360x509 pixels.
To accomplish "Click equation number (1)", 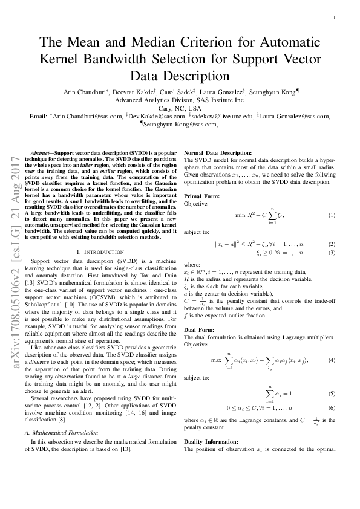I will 332,216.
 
